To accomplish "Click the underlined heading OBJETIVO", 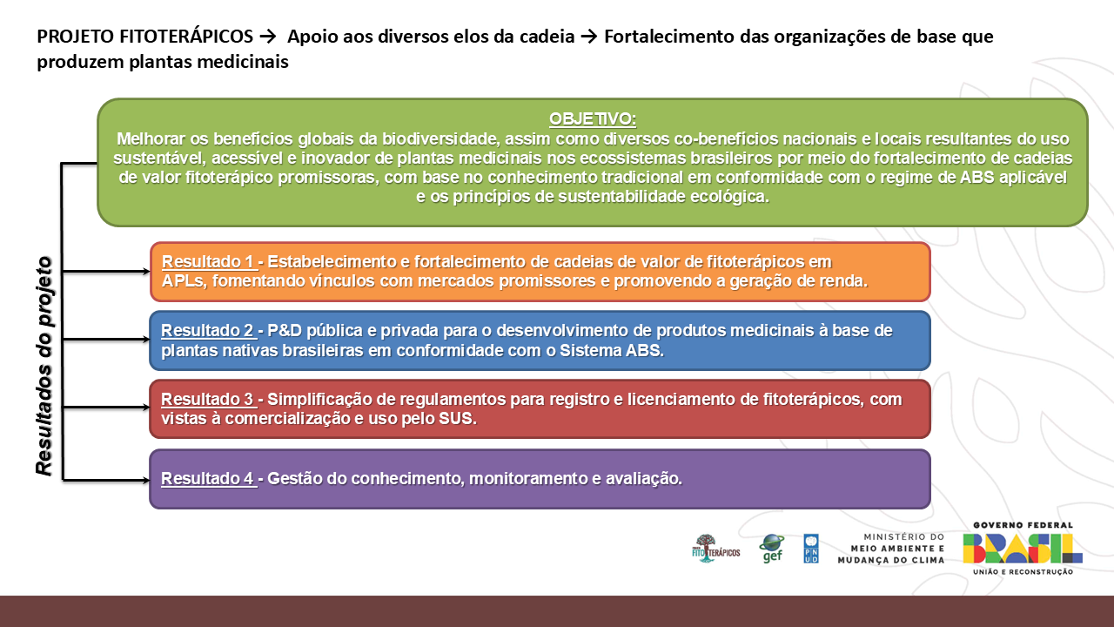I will coord(593,118).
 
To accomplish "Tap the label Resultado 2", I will coord(208,331).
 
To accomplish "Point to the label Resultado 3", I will coord(209,400).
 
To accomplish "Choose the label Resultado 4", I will coord(209,478).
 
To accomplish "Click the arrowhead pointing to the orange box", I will coord(145,271).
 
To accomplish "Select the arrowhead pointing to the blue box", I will coord(145,340).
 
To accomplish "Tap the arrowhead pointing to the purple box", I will coord(145,478).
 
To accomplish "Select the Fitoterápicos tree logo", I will coord(715,548).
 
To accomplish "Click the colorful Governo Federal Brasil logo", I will coord(1023,548).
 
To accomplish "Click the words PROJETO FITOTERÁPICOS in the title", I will coord(144,37).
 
